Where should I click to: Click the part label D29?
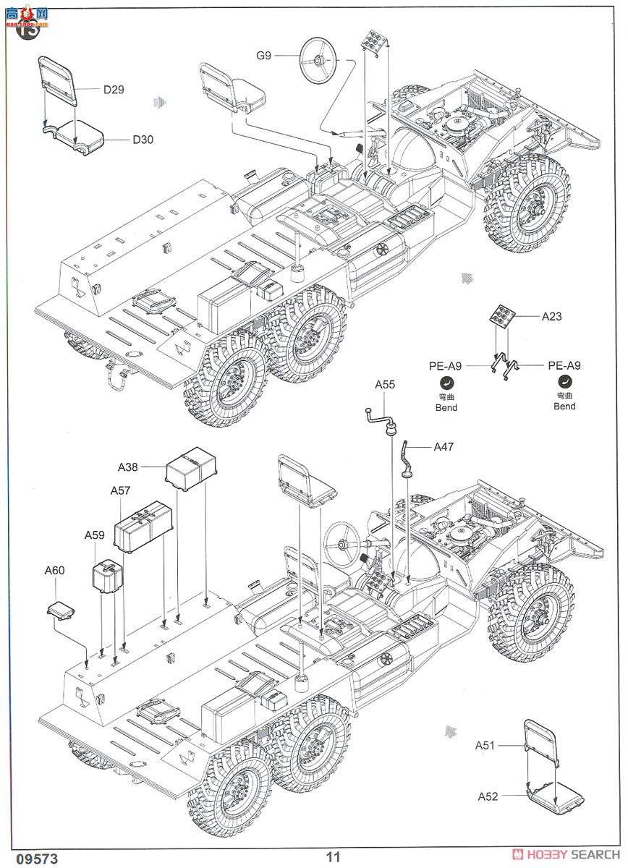pos(114,90)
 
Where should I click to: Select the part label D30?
pos(143,140)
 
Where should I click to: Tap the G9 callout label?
pos(263,55)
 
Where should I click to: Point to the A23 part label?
pos(551,316)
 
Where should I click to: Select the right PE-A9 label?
pos(564,366)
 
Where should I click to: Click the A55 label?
pos(385,385)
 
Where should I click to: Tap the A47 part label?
pos(444,447)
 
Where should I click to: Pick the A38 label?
pos(128,467)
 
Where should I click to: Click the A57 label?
pos(120,490)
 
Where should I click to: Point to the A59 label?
pos(94,535)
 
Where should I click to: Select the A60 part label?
pos(54,571)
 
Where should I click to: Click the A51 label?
pos(485,745)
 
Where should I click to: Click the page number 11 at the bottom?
pos(332,856)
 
